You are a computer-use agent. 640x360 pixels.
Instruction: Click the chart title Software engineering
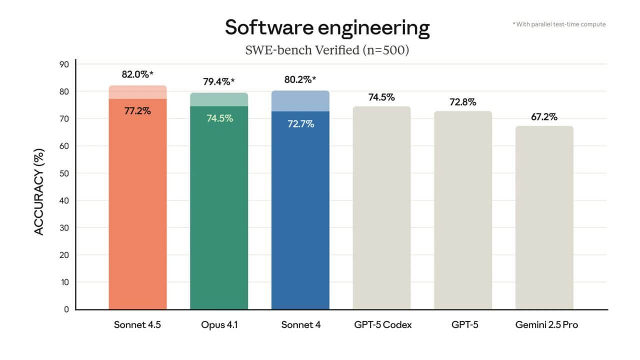327,28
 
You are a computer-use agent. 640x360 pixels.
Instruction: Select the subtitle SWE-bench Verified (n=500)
327,50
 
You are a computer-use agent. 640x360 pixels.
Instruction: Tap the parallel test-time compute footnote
559,24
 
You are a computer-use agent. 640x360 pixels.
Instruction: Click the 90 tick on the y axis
64,64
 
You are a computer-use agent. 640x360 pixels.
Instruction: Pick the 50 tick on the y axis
64,173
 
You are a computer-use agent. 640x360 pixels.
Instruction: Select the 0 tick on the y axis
66,309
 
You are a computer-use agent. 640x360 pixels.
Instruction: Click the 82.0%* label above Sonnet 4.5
137,74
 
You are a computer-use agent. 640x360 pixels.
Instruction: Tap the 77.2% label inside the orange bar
137,111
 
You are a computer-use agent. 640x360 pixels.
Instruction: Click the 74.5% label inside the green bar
219,119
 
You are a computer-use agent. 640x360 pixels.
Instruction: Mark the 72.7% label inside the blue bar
300,124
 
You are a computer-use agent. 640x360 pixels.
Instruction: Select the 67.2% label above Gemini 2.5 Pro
544,117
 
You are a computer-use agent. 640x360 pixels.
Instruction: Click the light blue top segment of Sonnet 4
300,100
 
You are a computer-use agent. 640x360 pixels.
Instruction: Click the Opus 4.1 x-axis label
219,325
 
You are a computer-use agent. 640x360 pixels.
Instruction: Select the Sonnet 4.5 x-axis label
137,325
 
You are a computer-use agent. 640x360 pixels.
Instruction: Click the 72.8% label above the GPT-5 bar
463,102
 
